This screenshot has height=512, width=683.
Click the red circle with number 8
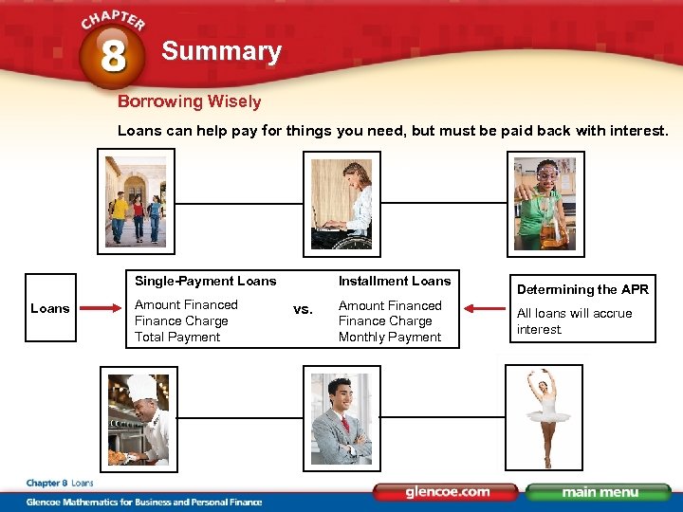[x=112, y=54]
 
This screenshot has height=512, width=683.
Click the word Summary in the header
[x=221, y=51]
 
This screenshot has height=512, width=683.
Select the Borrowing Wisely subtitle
[x=189, y=101]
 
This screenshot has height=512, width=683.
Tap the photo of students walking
[x=136, y=202]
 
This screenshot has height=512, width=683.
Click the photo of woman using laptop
[x=341, y=204]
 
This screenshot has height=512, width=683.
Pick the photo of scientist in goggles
[x=544, y=204]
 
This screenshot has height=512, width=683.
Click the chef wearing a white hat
[x=138, y=418]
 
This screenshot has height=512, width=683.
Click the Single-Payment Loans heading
[x=206, y=281]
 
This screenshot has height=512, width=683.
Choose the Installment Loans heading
[x=395, y=281]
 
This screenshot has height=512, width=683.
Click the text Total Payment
[x=177, y=337]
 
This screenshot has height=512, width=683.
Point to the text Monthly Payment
[x=390, y=337]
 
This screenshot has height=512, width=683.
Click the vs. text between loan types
[x=303, y=309]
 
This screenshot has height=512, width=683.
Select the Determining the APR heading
[x=582, y=289]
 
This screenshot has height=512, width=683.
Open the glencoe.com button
[x=447, y=492]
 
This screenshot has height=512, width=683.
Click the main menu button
[x=598, y=492]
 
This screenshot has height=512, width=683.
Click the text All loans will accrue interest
[x=574, y=320]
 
